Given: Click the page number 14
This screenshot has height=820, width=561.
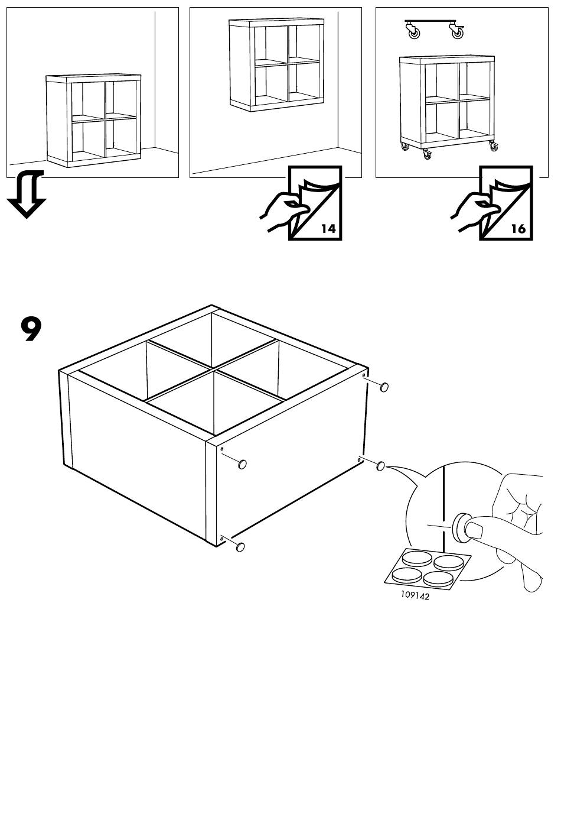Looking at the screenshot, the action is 328,229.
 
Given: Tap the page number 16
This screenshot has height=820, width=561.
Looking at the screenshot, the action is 518,229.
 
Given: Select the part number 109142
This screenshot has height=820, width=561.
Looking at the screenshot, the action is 415,595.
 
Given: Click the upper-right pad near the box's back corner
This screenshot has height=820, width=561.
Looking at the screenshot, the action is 384,387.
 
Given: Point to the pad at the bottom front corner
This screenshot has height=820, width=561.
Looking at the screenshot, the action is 240,547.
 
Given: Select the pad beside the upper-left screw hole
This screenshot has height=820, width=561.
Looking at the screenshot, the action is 242,465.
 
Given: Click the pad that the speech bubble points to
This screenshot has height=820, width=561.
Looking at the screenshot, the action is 380,466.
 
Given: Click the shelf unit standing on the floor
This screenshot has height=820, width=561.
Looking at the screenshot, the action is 94,121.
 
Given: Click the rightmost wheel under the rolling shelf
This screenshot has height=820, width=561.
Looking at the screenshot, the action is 493,147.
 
